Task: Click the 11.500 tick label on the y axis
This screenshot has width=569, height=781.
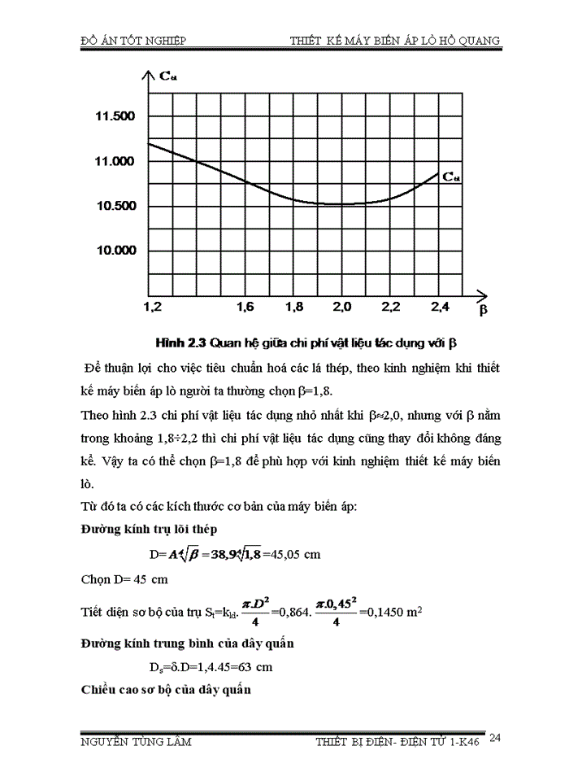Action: click(x=115, y=116)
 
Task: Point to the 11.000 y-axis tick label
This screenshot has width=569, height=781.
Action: click(x=115, y=161)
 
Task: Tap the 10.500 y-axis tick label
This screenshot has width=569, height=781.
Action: click(x=115, y=206)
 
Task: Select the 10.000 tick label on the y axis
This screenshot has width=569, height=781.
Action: click(x=115, y=251)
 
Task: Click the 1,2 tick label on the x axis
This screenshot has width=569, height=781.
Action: click(x=152, y=307)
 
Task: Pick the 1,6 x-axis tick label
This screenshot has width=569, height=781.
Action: click(x=245, y=307)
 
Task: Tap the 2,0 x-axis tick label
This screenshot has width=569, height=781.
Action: click(x=341, y=307)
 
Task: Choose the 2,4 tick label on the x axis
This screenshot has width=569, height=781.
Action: click(x=439, y=307)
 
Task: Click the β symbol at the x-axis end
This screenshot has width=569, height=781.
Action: click(x=483, y=310)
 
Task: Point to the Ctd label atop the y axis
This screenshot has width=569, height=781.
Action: click(x=168, y=76)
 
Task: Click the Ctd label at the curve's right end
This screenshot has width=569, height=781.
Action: click(x=452, y=178)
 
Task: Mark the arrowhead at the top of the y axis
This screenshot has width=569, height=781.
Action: click(x=147, y=76)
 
